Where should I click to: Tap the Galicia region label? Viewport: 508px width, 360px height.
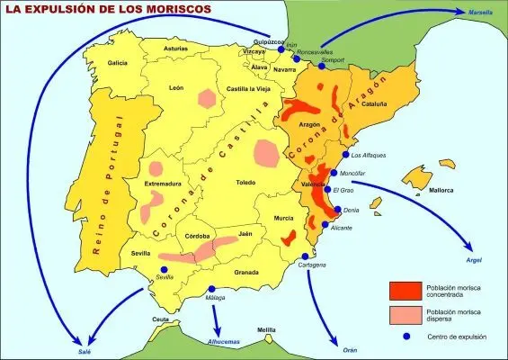click(118, 63)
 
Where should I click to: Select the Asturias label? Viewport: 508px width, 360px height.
click(176, 48)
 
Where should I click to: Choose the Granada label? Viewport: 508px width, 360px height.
click(246, 271)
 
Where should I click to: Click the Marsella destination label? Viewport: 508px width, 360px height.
click(483, 12)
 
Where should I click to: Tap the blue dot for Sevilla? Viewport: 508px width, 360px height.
click(164, 269)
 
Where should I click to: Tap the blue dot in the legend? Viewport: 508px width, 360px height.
click(406, 336)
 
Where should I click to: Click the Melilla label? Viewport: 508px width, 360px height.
click(266, 330)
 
